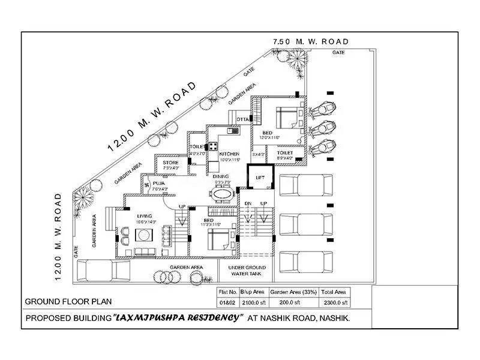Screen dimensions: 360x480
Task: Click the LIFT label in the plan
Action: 260,178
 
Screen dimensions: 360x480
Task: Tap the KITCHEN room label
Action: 229,154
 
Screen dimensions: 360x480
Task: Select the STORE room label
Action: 171,163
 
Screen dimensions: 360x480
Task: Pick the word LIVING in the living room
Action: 145,216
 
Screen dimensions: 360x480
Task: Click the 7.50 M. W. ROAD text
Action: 310,41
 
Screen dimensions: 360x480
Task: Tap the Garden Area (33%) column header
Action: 294,292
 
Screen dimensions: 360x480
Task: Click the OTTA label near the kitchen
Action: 242,120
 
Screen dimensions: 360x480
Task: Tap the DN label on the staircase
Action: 247,204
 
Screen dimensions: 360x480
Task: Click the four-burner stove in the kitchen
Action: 212,146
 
